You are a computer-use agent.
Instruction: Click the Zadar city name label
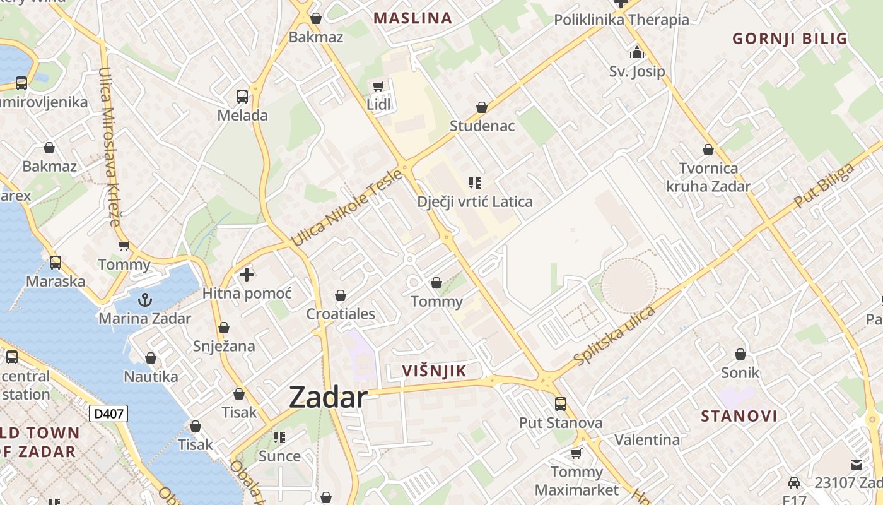tap(328, 398)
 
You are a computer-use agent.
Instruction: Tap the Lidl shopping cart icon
tap(378, 86)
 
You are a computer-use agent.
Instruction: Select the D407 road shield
tap(108, 413)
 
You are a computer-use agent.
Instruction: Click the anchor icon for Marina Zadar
tap(145, 300)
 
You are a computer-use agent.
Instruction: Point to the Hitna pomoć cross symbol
tap(247, 275)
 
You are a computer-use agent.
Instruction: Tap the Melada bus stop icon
tap(242, 97)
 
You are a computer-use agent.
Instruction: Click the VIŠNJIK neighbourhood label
tap(435, 371)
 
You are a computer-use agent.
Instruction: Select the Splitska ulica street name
tap(614, 335)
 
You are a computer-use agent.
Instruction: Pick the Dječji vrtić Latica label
tap(475, 202)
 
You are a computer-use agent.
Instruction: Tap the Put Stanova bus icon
tap(561, 404)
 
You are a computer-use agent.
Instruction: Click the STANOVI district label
tap(739, 416)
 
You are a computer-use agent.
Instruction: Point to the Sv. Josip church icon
tap(637, 52)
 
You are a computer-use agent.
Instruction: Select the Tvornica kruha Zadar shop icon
tap(708, 150)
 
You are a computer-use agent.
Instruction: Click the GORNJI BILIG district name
tap(790, 39)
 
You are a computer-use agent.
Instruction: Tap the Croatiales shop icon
tap(341, 295)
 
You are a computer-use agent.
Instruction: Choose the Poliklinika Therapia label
tap(621, 20)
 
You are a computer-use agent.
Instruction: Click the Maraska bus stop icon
tap(56, 263)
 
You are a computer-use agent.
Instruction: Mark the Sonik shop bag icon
tap(740, 354)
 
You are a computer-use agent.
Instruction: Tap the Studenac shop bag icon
tap(482, 107)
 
